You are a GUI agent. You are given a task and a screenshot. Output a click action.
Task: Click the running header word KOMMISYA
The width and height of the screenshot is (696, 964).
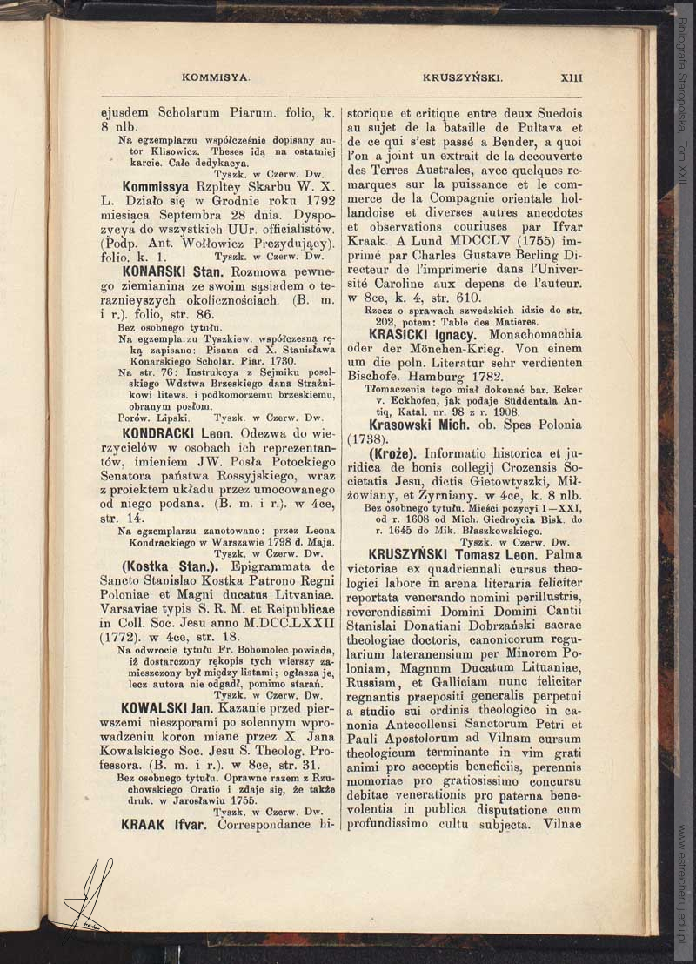217,77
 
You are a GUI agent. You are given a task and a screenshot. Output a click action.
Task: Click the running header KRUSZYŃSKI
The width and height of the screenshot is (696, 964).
463,77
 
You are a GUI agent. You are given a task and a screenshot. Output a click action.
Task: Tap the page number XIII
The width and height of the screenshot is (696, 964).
572,77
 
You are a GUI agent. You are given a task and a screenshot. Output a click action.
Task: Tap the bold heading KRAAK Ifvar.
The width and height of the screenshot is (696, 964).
164,823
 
